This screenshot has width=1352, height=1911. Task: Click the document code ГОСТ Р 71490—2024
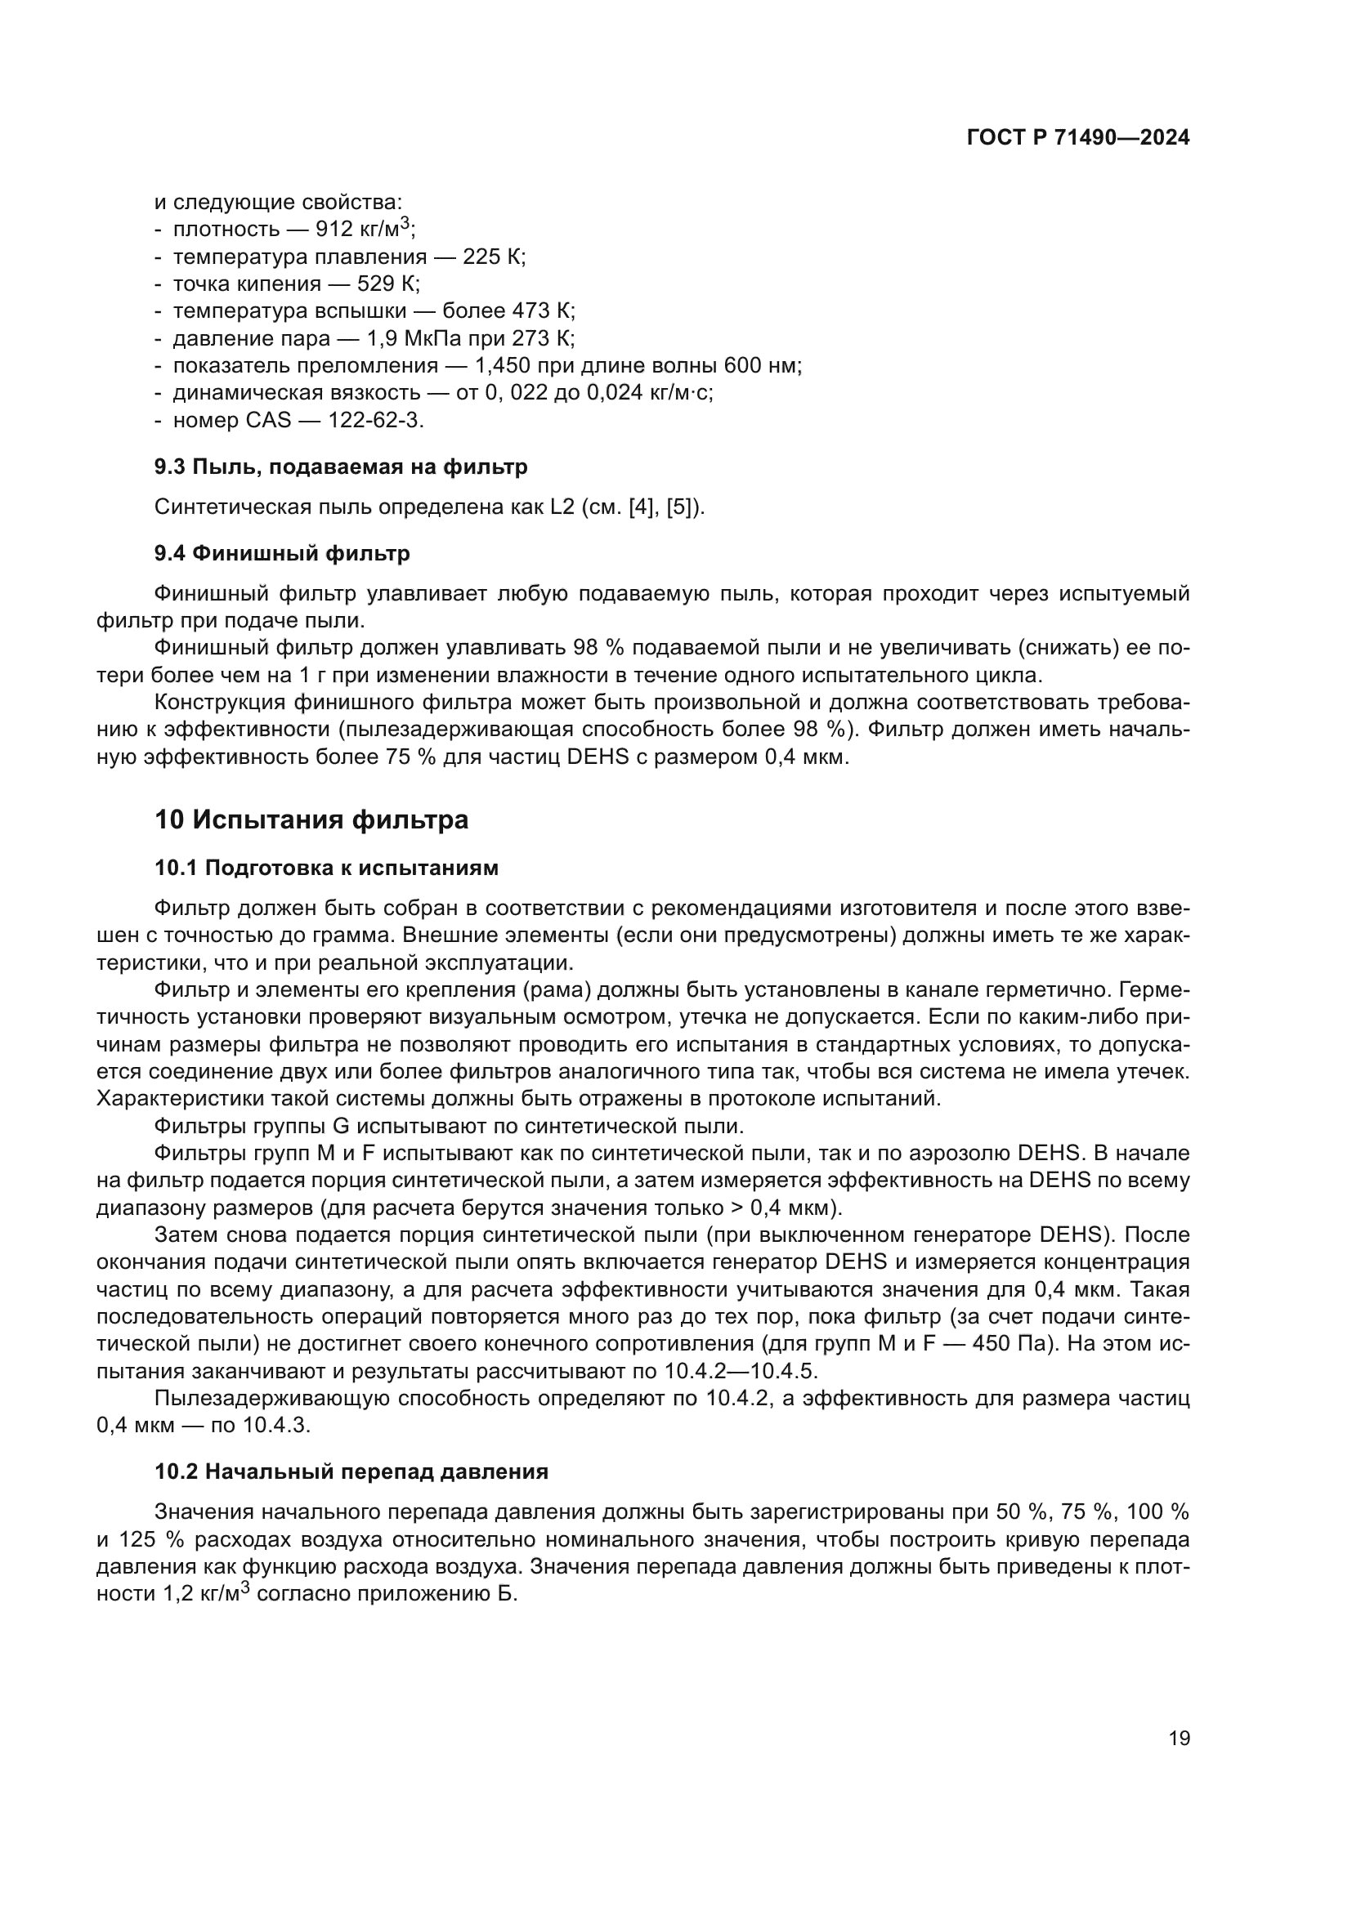coord(1078,138)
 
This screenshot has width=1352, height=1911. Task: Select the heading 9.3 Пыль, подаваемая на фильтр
coord(341,467)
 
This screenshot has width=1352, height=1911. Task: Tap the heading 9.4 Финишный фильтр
coord(281,553)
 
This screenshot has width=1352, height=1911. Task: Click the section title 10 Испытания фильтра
coord(311,819)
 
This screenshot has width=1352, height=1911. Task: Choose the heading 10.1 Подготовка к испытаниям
coord(326,868)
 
